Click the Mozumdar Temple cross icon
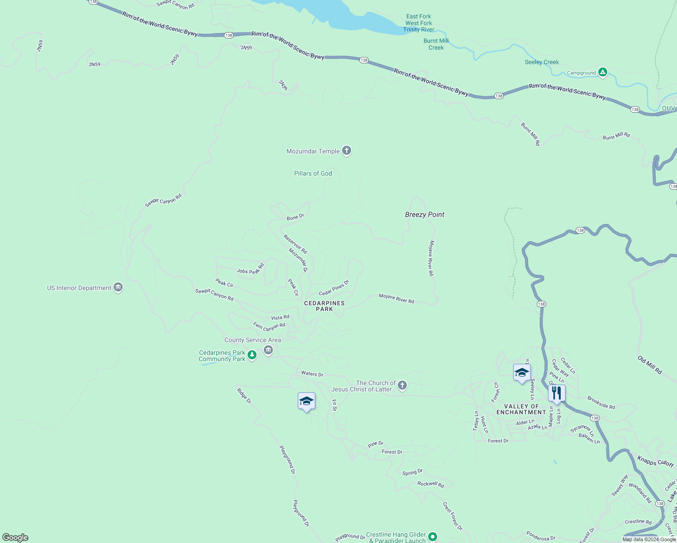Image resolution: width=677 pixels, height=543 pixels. (x=347, y=151)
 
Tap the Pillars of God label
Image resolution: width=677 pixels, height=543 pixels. (x=313, y=173)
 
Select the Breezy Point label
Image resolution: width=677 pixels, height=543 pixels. (x=424, y=214)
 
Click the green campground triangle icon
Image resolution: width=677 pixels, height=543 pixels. (x=602, y=72)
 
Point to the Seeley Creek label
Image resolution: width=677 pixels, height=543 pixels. (x=542, y=62)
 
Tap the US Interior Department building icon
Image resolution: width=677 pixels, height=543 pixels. (x=118, y=287)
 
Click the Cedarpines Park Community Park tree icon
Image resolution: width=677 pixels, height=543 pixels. (x=252, y=355)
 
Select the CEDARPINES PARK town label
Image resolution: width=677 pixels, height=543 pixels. (x=324, y=306)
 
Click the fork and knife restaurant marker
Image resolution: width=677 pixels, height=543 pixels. (x=557, y=393)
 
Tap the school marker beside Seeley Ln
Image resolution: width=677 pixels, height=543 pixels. (x=522, y=373)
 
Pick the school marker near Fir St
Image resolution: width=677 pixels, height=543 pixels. (x=306, y=401)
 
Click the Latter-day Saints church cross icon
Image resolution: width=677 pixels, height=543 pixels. (x=402, y=386)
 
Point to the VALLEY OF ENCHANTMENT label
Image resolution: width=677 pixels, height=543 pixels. (x=521, y=409)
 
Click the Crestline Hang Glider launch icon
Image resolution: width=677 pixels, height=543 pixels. (x=433, y=537)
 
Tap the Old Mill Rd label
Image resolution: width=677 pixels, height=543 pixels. (x=650, y=365)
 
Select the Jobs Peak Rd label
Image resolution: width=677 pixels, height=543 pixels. (x=250, y=269)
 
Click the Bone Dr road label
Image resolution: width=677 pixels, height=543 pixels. (x=296, y=217)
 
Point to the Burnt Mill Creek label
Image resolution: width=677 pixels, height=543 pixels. (x=436, y=44)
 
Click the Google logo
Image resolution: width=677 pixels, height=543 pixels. (x=15, y=538)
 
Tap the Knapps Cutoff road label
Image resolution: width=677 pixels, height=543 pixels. (x=656, y=461)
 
